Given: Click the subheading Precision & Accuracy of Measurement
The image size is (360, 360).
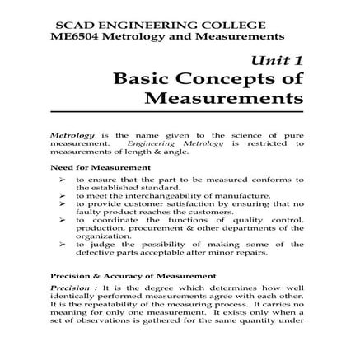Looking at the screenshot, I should coord(122,276).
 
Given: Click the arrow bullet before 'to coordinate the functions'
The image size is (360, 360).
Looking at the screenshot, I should coord(63,220).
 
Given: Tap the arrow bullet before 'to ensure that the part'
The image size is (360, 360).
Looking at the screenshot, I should coord(63,179).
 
